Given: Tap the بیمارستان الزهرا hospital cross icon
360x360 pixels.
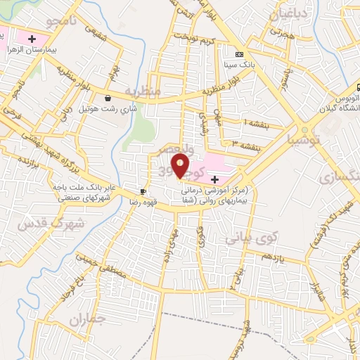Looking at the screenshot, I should pos(32,37).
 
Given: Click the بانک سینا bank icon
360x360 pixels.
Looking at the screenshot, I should pos(239,53).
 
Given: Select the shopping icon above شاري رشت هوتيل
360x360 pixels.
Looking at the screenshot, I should pos(108,98).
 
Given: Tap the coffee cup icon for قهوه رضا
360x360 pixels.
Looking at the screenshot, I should pos(143,191).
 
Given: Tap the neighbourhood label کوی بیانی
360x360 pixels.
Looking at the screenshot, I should pos(252,238).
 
